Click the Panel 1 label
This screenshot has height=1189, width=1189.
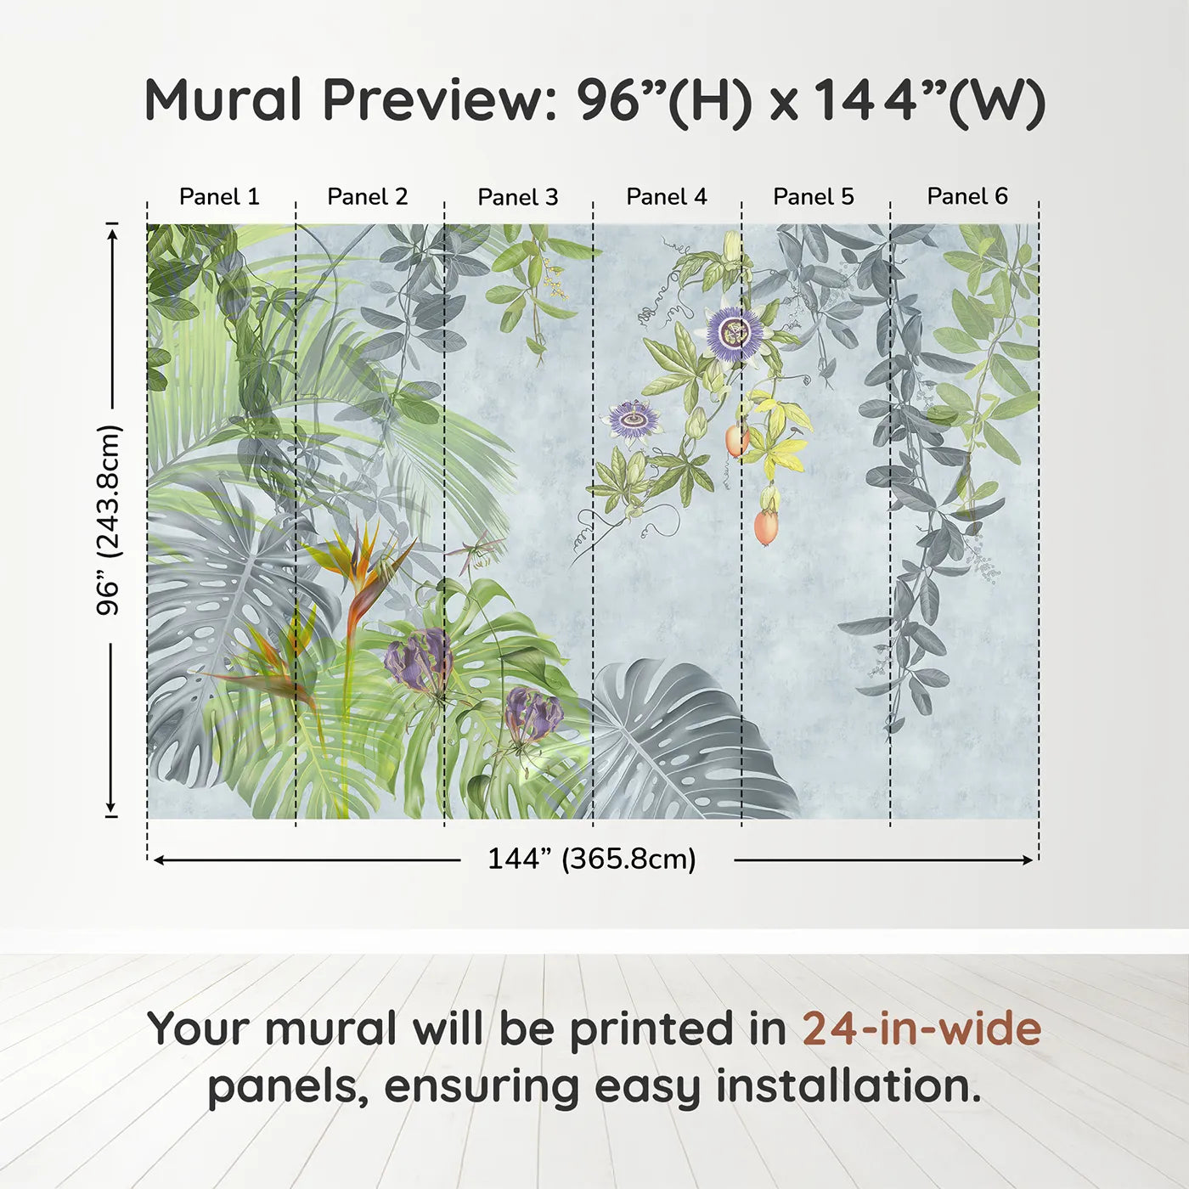pos(219,197)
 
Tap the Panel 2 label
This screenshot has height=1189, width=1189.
pos(368,197)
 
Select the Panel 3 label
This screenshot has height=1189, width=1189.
pos(518,197)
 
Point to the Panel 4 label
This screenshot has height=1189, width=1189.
pos(667,197)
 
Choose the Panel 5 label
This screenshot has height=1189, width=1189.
pos(814,197)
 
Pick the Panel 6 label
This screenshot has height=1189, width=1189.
pos(967,197)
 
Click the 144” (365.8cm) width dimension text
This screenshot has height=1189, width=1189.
pos(592,859)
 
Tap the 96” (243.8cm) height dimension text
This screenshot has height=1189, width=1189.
pos(109,520)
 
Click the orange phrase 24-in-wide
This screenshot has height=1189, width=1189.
pos(921,1028)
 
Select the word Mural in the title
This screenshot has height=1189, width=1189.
pos(223,100)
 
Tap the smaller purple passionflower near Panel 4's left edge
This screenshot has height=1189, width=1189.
pos(633,419)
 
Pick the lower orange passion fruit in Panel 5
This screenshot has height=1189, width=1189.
pos(766,527)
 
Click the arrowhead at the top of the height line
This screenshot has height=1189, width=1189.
pos(111,230)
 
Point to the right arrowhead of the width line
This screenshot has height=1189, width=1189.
pos(1028,860)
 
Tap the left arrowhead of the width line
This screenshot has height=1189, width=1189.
pos(158,860)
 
